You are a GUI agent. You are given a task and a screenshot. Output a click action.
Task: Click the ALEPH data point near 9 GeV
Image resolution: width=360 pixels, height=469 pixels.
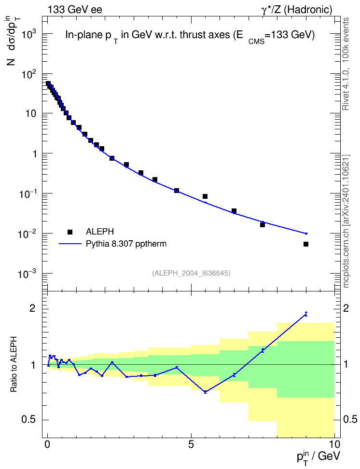(306, 244)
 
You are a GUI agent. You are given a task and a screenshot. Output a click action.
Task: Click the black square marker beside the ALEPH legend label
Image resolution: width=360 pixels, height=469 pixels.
(70, 232)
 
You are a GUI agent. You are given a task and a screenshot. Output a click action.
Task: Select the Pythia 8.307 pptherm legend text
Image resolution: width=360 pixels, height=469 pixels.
(126, 244)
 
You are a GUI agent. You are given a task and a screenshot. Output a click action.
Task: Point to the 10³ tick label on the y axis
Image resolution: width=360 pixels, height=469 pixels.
(29, 34)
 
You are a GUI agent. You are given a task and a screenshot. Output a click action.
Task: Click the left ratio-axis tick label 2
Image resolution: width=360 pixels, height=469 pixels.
(32, 309)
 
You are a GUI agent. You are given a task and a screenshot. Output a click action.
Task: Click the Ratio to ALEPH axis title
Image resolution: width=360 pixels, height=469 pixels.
(13, 364)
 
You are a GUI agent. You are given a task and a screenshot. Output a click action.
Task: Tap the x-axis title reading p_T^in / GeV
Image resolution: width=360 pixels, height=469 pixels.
(318, 456)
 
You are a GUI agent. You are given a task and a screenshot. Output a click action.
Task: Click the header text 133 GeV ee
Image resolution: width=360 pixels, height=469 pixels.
(75, 10)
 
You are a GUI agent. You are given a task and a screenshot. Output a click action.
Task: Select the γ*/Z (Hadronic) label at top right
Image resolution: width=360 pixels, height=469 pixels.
(297, 10)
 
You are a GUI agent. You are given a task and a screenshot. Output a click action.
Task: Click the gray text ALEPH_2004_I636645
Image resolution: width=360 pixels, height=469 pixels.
(191, 273)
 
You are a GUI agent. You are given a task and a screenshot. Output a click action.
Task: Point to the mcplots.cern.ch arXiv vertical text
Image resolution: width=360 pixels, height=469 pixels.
(346, 221)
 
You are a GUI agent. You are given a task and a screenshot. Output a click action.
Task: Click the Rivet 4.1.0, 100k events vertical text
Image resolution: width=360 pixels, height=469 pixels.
(346, 64)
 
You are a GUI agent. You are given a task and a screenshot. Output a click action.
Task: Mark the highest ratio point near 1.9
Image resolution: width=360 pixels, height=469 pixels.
(306, 314)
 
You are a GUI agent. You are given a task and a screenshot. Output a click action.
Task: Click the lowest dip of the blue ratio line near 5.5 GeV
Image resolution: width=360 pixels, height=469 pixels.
(205, 392)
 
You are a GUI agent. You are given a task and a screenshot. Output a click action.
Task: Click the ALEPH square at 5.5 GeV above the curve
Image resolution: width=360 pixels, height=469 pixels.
(205, 196)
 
